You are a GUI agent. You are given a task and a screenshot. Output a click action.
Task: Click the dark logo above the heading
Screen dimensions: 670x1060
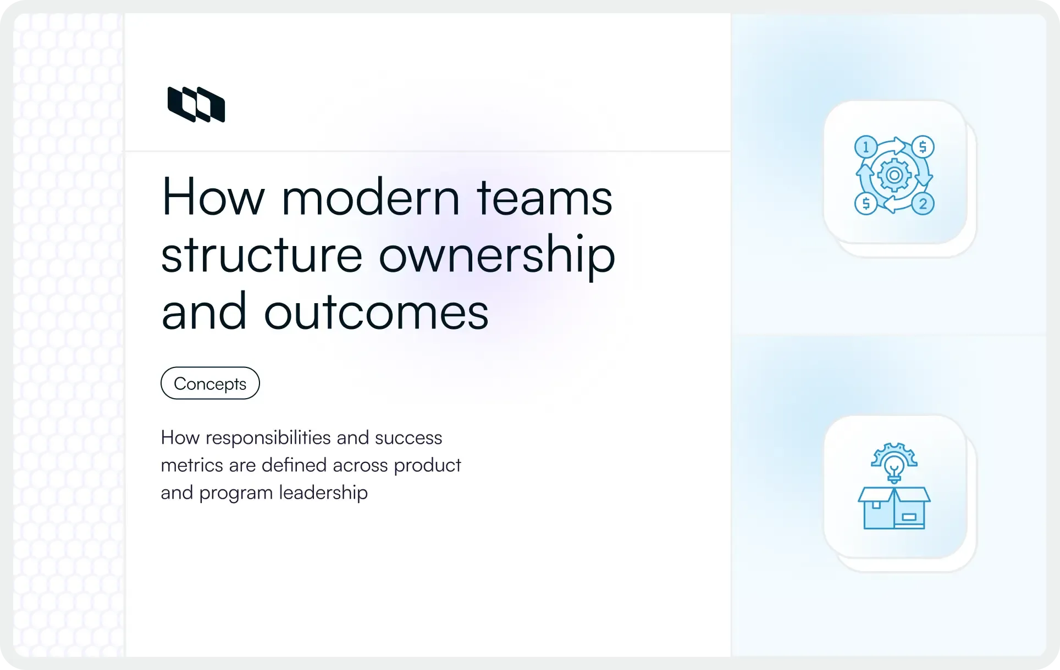[196, 104]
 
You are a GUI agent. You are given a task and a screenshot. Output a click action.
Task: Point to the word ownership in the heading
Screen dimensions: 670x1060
[497, 256]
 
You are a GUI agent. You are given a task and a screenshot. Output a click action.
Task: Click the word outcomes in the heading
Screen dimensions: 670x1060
[376, 312]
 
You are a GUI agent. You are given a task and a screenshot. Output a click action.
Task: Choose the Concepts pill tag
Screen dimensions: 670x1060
[210, 383]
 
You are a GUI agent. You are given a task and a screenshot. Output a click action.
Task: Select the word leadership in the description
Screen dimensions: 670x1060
[323, 493]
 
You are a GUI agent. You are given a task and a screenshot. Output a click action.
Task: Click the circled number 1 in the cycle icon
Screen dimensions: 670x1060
[866, 147]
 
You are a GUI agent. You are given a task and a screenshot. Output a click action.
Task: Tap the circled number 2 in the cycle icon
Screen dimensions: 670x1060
[923, 204]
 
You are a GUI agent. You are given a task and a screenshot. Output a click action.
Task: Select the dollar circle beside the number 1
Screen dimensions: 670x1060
[923, 147]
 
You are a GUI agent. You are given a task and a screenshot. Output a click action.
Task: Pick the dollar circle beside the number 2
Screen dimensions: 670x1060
[866, 204]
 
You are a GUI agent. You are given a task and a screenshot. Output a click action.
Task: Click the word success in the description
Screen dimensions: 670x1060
[408, 438]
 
